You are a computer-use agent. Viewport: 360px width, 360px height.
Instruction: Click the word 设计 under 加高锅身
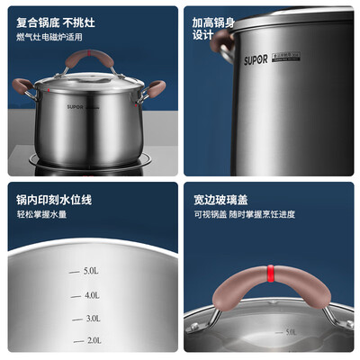203,38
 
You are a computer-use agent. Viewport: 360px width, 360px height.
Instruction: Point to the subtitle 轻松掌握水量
44,215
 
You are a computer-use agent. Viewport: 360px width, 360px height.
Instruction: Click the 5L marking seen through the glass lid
290,332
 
